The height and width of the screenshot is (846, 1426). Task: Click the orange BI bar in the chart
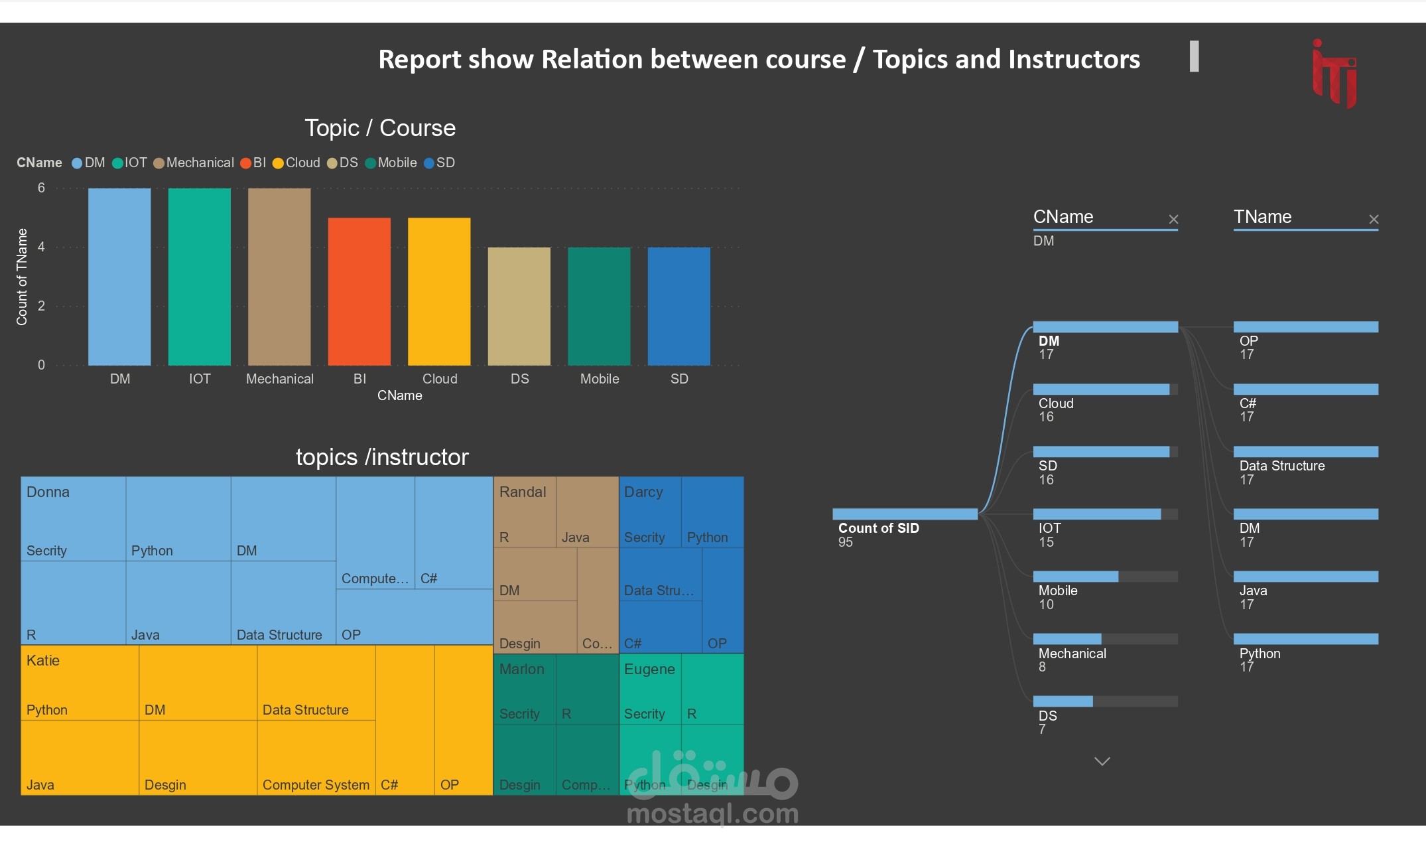click(x=359, y=292)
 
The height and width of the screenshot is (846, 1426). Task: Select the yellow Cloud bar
click(x=439, y=292)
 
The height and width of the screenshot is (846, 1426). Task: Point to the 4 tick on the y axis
click(x=41, y=247)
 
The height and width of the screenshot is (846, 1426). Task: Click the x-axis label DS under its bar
click(x=519, y=379)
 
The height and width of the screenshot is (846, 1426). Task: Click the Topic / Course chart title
click(x=380, y=128)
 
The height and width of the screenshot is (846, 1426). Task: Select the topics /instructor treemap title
click(x=382, y=457)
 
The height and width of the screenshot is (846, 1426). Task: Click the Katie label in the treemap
click(x=43, y=660)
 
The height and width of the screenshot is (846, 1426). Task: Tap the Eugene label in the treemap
click(x=649, y=669)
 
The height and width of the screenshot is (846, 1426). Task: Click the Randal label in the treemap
click(x=523, y=492)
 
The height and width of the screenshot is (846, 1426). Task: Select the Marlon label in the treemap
click(x=521, y=669)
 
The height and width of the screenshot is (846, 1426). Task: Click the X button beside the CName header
click(x=1173, y=219)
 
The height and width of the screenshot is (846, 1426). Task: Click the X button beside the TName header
click(x=1374, y=219)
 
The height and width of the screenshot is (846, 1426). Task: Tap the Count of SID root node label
click(x=878, y=528)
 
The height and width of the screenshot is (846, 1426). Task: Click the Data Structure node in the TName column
click(x=1282, y=466)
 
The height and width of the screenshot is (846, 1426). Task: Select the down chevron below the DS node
click(x=1102, y=761)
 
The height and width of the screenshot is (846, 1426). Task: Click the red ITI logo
click(x=1334, y=73)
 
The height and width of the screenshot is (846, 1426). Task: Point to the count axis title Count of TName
click(x=22, y=277)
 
